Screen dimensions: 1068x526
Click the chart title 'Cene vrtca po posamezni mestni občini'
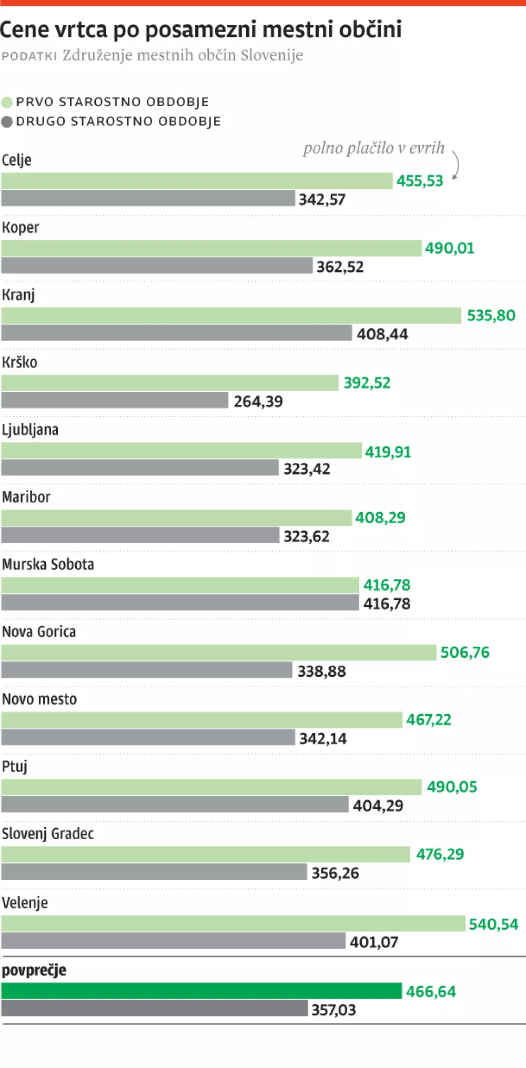(x=201, y=29)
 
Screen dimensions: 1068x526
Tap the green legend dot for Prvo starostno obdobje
(x=7, y=102)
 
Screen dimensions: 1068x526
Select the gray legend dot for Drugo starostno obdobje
(x=7, y=122)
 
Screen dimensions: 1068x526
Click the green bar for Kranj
(x=231, y=316)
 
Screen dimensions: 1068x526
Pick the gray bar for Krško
(x=115, y=400)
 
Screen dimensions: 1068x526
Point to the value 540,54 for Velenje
(x=493, y=924)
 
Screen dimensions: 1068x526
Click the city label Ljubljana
(x=30, y=430)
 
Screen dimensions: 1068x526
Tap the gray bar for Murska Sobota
(x=180, y=603)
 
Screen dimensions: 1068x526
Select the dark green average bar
(x=201, y=991)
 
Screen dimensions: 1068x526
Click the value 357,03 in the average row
(x=333, y=1010)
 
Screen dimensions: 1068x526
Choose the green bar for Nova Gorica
(x=219, y=653)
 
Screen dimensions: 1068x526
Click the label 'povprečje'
(x=34, y=970)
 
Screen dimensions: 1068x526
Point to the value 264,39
(x=258, y=401)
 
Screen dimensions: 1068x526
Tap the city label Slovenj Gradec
(x=48, y=833)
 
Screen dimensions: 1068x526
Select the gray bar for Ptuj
(x=175, y=805)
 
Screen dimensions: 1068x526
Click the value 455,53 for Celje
(x=420, y=181)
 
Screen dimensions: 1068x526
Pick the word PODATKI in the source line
(x=29, y=56)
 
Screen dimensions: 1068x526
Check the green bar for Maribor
(x=176, y=518)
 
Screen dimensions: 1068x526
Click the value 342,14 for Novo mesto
(x=323, y=739)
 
